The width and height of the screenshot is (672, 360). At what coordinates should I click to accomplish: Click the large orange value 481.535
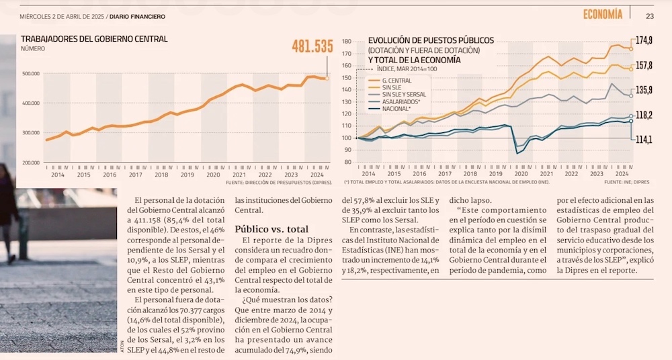(312, 46)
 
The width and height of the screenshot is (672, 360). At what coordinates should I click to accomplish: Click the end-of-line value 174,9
(644, 41)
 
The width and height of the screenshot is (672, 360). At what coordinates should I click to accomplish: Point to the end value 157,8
(644, 65)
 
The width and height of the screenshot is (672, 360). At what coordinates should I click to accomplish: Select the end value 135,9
(644, 90)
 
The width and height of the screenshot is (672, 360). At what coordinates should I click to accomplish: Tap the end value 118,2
(644, 116)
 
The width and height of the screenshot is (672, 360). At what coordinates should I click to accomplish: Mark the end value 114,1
(644, 140)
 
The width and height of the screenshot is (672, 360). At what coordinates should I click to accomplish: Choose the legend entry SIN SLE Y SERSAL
(403, 95)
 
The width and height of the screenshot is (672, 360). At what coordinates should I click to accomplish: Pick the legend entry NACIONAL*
(396, 108)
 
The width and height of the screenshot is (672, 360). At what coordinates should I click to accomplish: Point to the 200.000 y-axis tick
(31, 163)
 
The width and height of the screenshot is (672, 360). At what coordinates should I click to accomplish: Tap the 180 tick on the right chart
(347, 41)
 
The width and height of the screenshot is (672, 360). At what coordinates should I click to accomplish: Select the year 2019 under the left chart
(187, 175)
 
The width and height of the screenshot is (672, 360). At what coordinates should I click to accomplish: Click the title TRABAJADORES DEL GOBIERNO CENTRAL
(94, 39)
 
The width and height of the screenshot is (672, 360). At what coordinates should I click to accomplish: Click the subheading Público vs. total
(271, 229)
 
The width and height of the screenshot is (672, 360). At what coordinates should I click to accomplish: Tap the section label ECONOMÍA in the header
(602, 14)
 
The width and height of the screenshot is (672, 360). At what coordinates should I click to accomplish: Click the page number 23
(650, 16)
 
